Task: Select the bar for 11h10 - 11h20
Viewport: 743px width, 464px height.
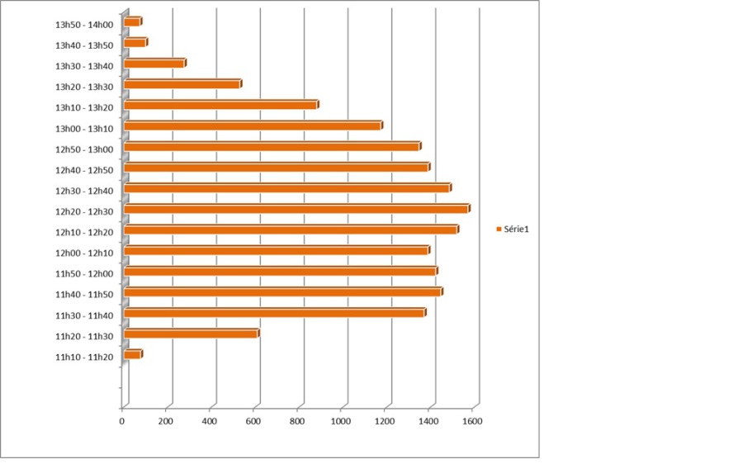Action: [133, 354]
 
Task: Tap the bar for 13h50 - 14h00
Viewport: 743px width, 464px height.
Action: [133, 21]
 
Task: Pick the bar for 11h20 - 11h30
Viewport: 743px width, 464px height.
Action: [192, 334]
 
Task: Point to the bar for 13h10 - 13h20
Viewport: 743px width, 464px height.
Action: [221, 105]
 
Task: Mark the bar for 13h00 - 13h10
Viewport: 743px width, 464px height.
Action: [253, 125]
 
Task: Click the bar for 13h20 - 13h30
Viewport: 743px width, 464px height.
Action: [182, 84]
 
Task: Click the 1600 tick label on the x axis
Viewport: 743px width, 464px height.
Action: [472, 422]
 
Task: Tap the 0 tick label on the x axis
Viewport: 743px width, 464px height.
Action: [122, 422]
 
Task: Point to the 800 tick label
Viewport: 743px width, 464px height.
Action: [297, 422]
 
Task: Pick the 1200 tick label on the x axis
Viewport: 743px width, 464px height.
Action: [385, 422]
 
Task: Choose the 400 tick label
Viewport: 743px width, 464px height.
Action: [210, 422]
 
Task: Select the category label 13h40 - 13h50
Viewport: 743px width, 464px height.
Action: [84, 45]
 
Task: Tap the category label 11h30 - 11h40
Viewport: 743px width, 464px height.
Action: [84, 315]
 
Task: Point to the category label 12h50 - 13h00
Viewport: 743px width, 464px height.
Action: [84, 149]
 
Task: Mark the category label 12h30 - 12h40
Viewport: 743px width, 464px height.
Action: [84, 191]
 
